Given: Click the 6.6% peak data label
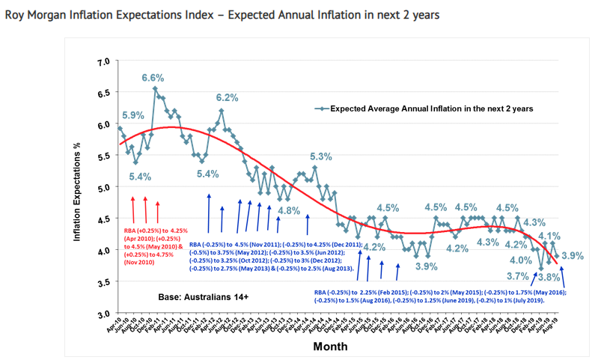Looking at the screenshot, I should pyautogui.click(x=153, y=78).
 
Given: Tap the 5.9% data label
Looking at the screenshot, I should pyautogui.click(x=132, y=115).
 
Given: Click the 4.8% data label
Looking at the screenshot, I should pyautogui.click(x=289, y=210).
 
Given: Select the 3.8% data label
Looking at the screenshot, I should pyautogui.click(x=549, y=276).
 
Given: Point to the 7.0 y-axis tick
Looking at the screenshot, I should pyautogui.click(x=104, y=61).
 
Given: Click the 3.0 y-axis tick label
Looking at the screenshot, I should pyautogui.click(x=104, y=314).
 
